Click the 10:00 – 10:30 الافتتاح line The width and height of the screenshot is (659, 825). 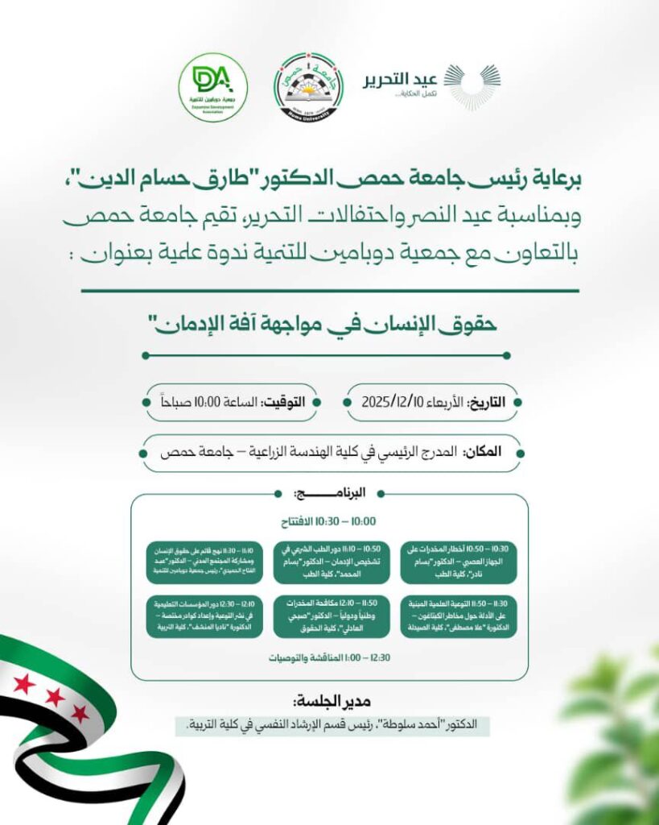[329, 521]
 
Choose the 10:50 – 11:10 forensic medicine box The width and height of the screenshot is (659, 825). [330, 561]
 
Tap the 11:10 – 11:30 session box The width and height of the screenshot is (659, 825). [203, 561]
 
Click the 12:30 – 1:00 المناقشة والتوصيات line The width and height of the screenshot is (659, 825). [329, 658]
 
